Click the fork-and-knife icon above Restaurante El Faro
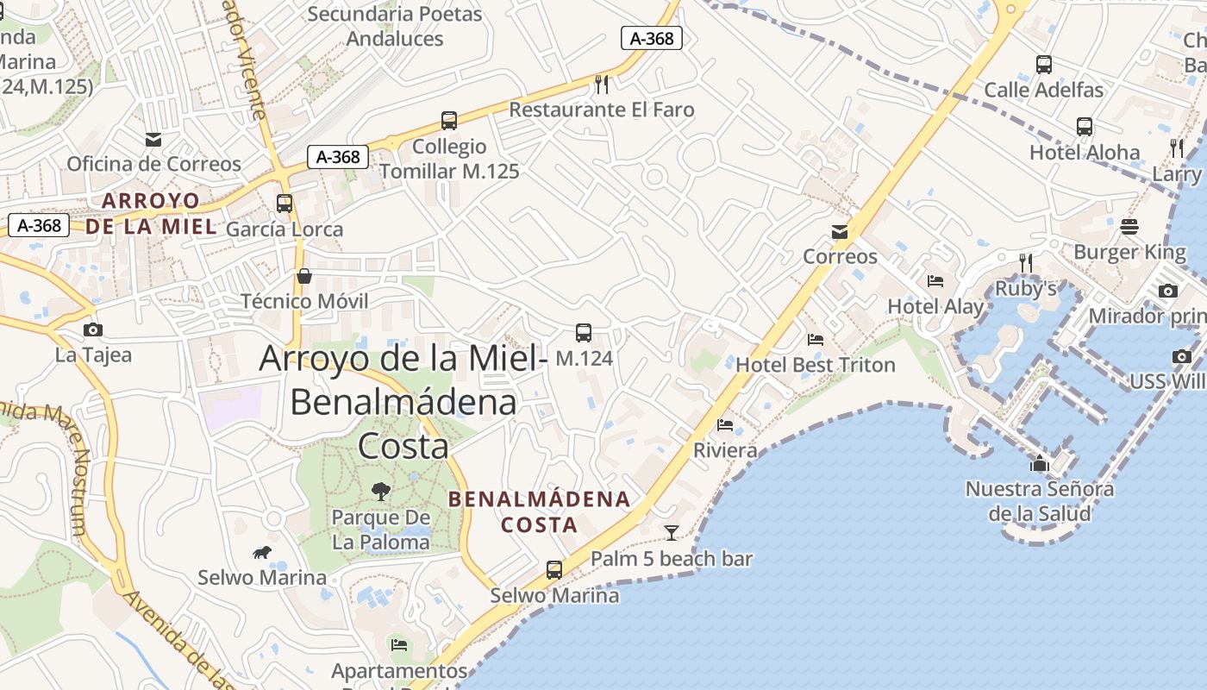(602, 84)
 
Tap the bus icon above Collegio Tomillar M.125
(448, 121)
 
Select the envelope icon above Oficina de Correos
(153, 139)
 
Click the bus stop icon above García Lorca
(285, 204)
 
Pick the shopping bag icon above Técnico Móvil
(303, 276)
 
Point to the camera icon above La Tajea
(93, 329)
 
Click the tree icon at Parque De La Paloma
(379, 492)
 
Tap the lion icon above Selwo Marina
(262, 552)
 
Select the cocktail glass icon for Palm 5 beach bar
(671, 532)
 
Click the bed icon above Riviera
(725, 424)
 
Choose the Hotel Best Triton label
(815, 365)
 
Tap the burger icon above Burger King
(1129, 227)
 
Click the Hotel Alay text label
(935, 306)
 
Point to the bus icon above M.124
(584, 332)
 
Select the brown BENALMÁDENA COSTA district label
(540, 511)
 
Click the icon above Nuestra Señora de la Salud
(1040, 464)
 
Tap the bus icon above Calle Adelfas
(1043, 64)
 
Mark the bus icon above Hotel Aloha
(1085, 127)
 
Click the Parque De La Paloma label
(380, 530)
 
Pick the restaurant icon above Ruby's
(1025, 261)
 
